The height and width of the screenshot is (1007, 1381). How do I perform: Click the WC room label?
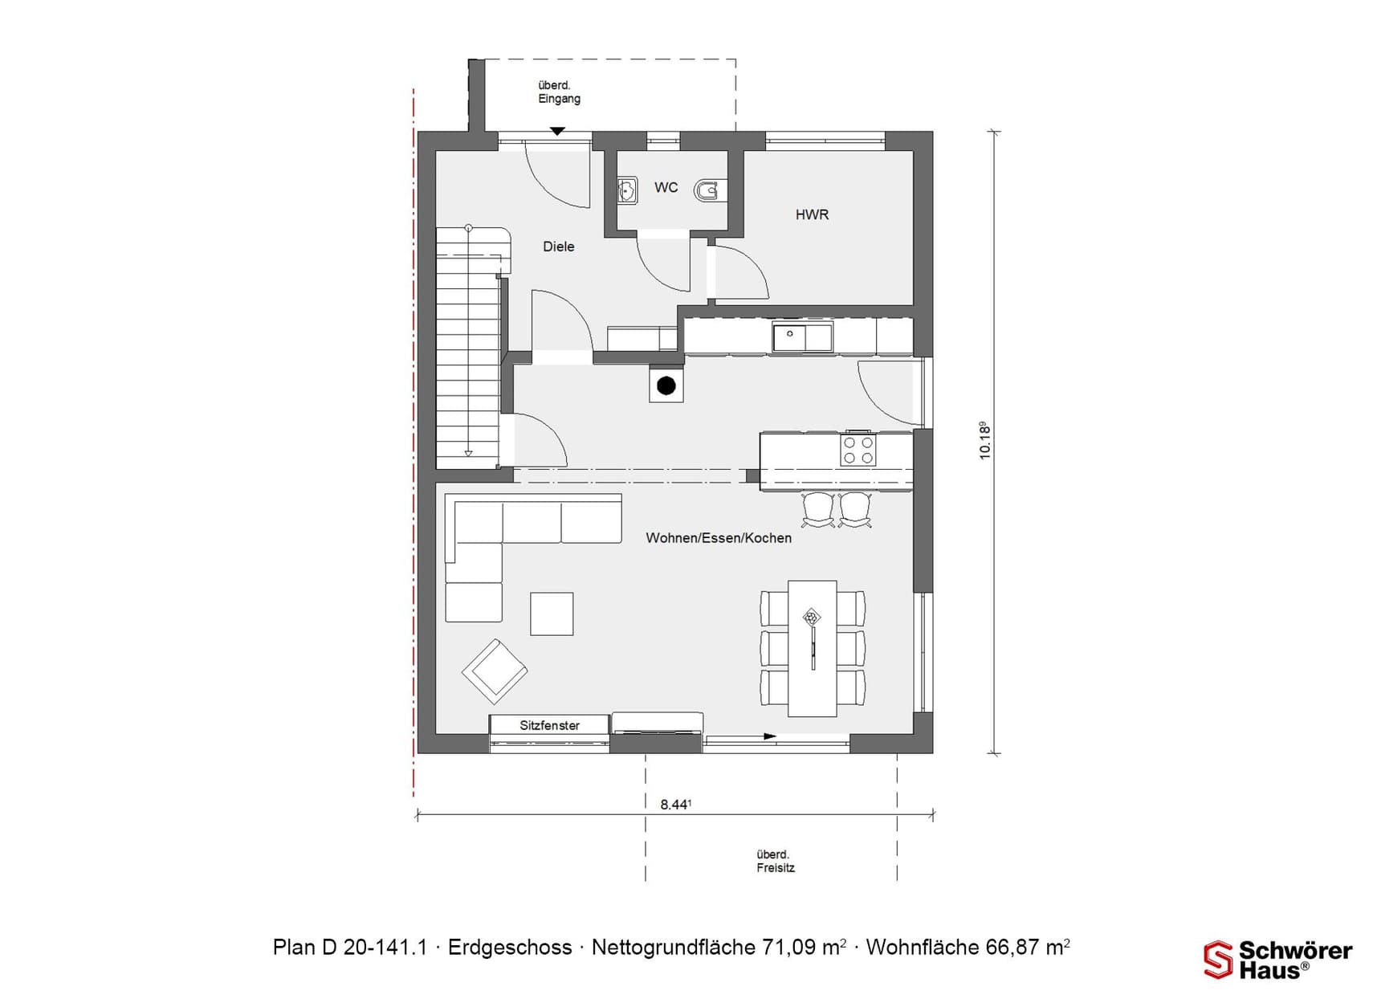(x=666, y=188)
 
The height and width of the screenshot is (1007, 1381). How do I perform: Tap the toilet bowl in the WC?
(x=708, y=191)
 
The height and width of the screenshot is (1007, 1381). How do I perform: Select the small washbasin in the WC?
(x=627, y=191)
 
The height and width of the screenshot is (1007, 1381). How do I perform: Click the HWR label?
(x=812, y=215)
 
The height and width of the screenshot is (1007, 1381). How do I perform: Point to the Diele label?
(x=558, y=247)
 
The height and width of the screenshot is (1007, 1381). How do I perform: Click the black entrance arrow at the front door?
(x=557, y=131)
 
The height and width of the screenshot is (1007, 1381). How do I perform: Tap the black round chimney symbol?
(x=666, y=386)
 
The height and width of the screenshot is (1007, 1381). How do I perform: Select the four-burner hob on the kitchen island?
(x=858, y=450)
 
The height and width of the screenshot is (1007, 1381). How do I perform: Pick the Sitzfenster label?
(x=549, y=725)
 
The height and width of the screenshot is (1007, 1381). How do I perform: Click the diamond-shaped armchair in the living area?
(x=495, y=671)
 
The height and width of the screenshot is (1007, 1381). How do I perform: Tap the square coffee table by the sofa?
(x=552, y=614)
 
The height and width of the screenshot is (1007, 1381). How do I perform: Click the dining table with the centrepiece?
(x=812, y=648)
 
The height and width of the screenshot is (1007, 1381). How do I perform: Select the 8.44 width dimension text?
(x=675, y=804)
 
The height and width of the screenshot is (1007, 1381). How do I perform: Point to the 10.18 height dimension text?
(x=985, y=440)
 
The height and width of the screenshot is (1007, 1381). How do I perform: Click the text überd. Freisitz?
(x=775, y=861)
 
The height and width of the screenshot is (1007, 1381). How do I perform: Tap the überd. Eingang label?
(x=559, y=92)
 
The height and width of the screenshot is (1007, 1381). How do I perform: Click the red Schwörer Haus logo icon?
(x=1217, y=960)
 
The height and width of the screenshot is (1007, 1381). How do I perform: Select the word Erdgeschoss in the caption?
(x=509, y=948)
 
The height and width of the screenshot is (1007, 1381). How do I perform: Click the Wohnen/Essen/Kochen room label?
(x=718, y=538)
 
